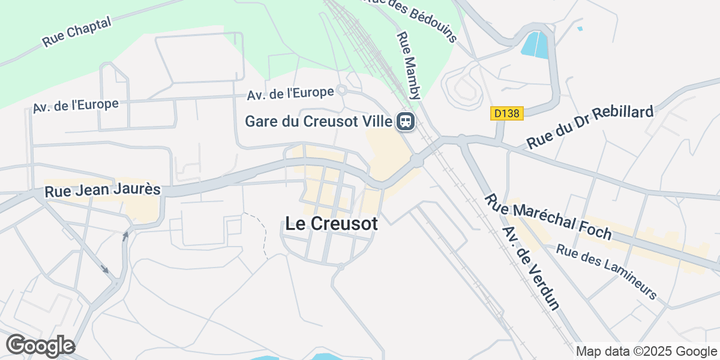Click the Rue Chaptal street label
point(77,32)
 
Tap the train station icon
point(406,122)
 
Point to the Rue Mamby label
point(410,65)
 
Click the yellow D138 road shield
point(507,113)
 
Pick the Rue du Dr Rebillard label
point(590,127)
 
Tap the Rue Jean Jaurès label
point(103,191)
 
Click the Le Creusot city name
point(331,224)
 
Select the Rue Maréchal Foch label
point(547,216)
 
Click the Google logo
point(40,346)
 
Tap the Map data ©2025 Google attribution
point(646,352)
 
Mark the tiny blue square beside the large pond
point(580,28)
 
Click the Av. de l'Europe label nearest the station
point(290,94)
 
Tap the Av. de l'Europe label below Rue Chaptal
point(76,105)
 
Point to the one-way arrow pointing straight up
point(125,236)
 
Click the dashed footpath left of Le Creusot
point(262,234)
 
